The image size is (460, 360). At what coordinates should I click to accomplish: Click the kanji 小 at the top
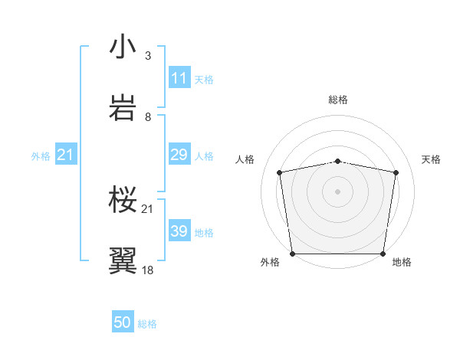coord(123,47)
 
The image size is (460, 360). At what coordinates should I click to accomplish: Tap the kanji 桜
coord(123,200)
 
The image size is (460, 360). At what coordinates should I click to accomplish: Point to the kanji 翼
coord(123,260)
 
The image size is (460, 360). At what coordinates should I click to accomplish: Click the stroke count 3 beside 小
coord(148,56)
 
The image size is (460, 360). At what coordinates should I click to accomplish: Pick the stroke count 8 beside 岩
coord(148,116)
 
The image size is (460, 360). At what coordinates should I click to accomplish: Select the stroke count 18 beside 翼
coord(148,270)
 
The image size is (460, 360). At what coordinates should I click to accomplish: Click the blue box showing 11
coord(179,78)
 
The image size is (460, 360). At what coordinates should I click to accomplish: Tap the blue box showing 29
coord(179,155)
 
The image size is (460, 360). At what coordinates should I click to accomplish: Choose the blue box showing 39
coord(179,232)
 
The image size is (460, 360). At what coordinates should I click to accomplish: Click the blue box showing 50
coord(123,323)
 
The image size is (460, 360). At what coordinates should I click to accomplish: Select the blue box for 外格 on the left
coord(65,155)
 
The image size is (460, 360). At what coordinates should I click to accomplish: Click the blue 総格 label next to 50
coord(147,324)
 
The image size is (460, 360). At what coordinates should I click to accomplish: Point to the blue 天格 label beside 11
coord(204,79)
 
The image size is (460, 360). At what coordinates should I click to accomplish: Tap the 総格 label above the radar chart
coord(338,100)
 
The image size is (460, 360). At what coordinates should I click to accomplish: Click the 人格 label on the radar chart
coord(246,159)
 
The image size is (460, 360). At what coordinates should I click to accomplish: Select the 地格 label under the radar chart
coord(402,262)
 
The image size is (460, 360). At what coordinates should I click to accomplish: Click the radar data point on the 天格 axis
coord(396,172)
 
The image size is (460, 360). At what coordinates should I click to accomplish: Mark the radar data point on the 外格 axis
coord(292,254)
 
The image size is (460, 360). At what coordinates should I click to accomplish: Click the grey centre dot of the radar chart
coord(338,191)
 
